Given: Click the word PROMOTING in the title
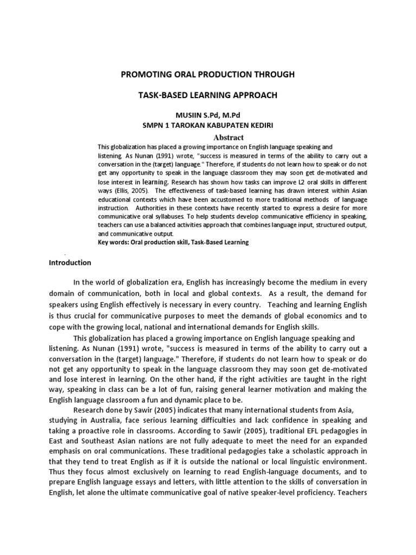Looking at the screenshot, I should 142,74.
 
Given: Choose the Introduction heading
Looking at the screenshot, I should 70,263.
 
